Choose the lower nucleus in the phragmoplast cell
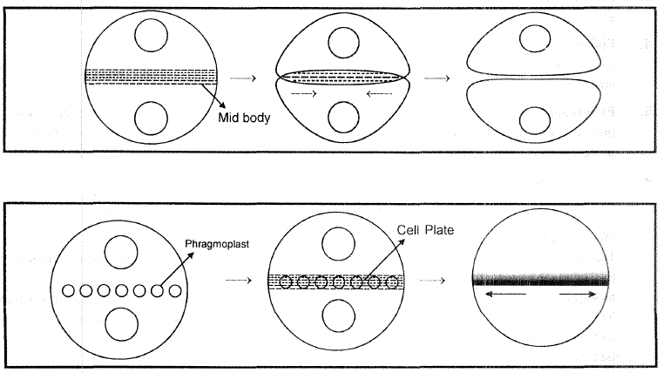[x=120, y=325]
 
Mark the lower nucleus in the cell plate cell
[x=336, y=315]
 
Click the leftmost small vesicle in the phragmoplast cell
[x=68, y=289]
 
